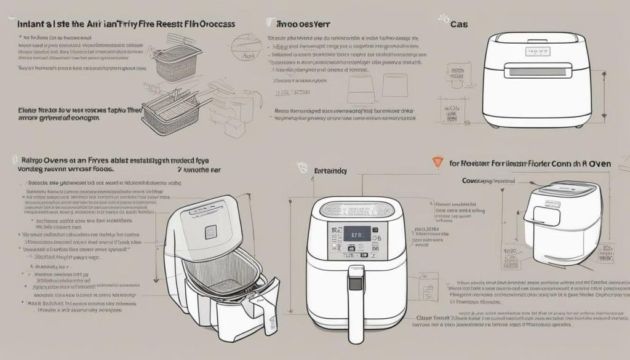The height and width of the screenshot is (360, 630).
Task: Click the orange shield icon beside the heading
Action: pyautogui.click(x=437, y=162)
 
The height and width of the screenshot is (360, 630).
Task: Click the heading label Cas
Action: pyautogui.click(x=457, y=25)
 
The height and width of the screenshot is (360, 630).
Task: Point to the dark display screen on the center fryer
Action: pyautogui.click(x=356, y=234)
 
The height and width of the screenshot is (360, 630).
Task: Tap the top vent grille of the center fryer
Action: pyautogui.click(x=351, y=207)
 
